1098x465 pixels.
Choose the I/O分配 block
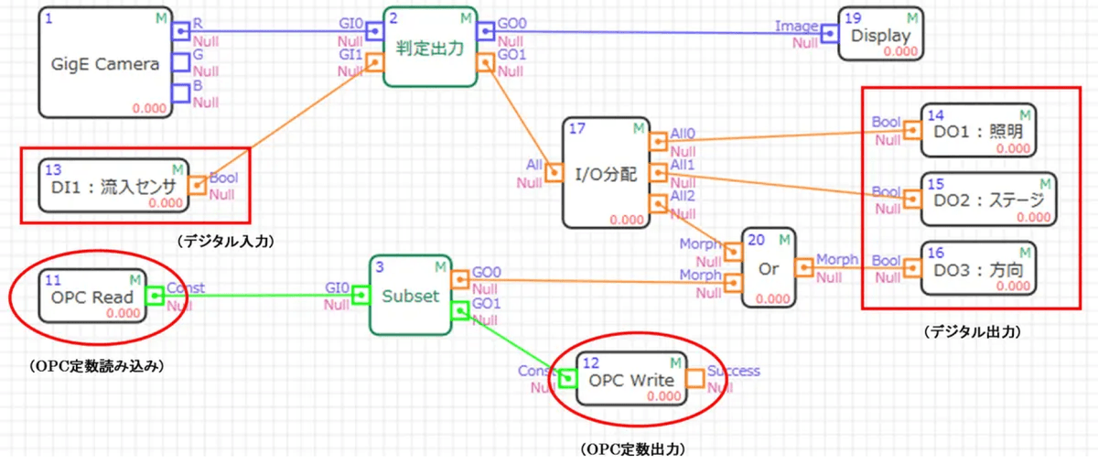pos(606,172)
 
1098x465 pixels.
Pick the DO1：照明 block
pos(977,131)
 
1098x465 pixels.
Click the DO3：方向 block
pos(977,268)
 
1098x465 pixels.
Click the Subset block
pos(411,296)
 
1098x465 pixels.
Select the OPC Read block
pos(91,296)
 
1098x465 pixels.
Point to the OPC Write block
pos(632,378)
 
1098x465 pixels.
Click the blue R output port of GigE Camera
pos(182,32)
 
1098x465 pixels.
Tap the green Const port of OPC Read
pos(156,296)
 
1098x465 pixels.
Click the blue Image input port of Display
pos(829,34)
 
